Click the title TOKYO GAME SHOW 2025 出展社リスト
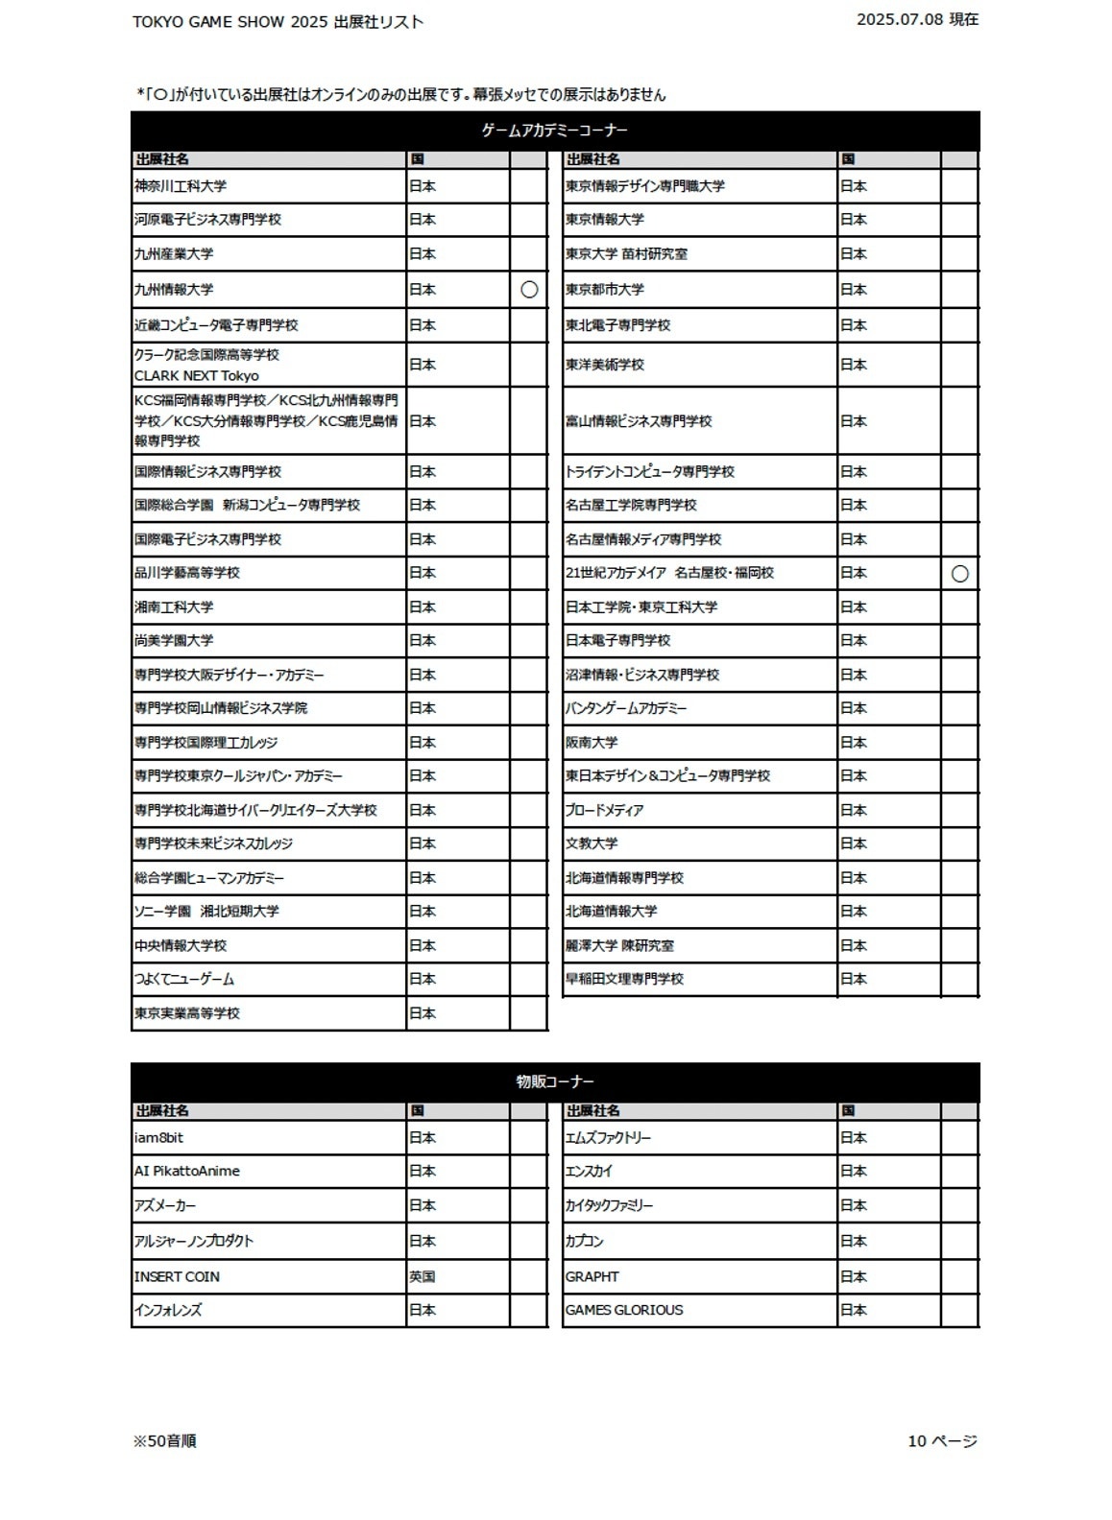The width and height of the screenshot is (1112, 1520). pos(278,22)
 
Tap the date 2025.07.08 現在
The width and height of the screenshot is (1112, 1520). pos(917,19)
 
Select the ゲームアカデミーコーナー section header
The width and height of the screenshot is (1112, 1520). pos(554,131)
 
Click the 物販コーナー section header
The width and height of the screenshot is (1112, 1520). pos(554,1081)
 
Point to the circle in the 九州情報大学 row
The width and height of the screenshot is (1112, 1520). pos(529,290)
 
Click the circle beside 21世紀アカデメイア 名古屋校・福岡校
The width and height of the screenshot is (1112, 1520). pos(959,574)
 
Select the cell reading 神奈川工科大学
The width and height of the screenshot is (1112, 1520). pos(181,186)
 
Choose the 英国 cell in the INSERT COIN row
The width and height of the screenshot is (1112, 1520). pos(423,1276)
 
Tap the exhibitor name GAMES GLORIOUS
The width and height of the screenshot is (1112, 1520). pos(624,1310)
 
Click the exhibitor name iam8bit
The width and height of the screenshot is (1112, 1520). pos(159,1137)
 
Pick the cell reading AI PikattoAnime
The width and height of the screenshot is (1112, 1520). pos(187,1171)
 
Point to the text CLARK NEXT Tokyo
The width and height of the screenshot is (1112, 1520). pos(197,376)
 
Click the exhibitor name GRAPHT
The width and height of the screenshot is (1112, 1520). pos(592,1276)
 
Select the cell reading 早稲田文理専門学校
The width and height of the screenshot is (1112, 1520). pos(624,979)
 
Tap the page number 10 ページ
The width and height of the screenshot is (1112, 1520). pos(942,1440)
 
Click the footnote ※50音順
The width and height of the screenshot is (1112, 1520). pos(165,1440)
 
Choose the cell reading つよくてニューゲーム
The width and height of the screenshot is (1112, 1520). pos(184,979)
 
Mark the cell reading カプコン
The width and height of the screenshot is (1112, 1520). pos(585,1241)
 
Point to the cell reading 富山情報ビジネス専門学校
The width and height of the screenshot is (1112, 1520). pos(639,421)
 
